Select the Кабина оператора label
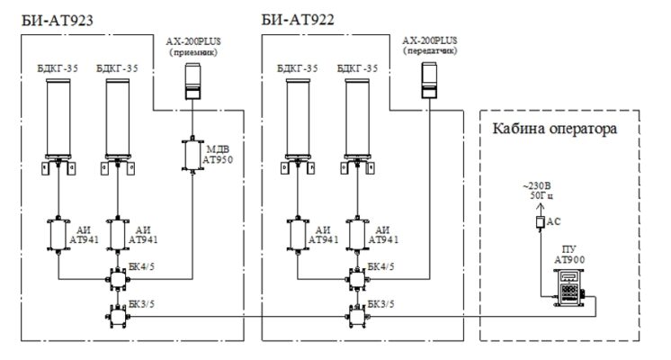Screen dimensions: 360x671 click(553, 129)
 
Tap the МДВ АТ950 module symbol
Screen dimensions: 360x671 click(192, 154)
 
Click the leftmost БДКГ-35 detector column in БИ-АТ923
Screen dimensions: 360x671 click(59, 117)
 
